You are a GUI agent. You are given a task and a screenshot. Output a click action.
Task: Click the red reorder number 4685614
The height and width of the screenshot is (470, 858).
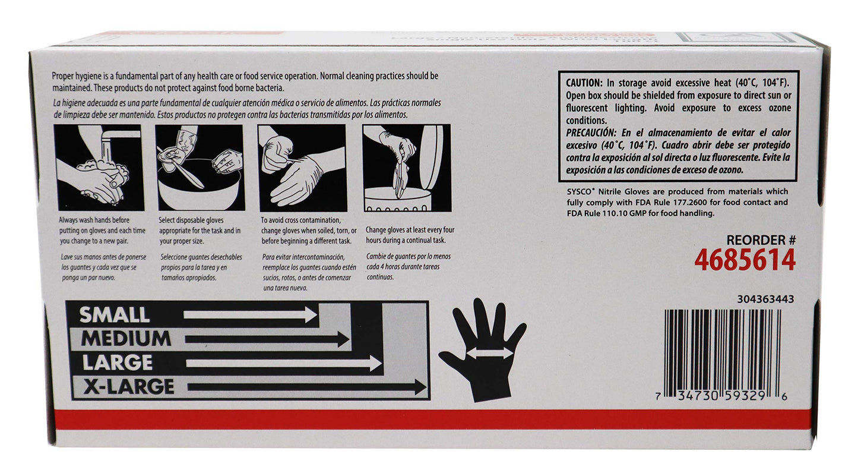745,260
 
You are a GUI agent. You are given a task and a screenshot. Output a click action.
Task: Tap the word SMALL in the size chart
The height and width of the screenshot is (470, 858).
115,314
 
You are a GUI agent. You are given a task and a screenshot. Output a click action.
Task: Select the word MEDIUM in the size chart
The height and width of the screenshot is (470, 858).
126,339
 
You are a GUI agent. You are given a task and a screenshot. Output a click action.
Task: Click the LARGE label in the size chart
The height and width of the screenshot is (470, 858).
117,362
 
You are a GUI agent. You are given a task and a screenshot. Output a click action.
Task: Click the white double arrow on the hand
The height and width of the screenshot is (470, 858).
488,354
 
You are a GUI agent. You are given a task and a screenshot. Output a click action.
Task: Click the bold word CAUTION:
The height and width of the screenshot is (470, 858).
584,83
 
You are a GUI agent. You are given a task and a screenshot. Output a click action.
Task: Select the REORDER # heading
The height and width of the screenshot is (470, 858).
761,239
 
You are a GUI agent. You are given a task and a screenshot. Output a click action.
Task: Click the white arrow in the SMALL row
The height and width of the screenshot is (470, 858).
249,314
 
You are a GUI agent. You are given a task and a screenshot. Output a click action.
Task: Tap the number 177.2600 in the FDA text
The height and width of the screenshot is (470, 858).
697,203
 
